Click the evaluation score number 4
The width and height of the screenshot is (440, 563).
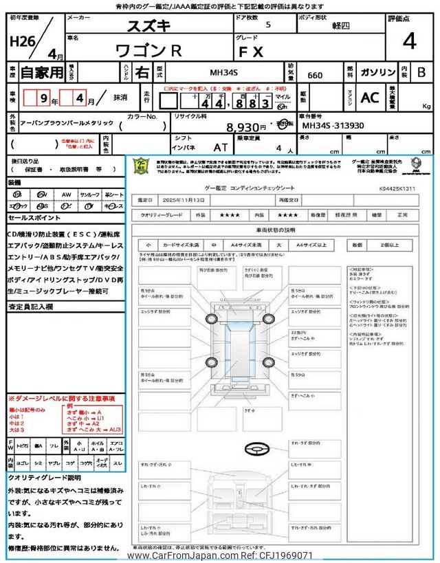[x=409, y=41]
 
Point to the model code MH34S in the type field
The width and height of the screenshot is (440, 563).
[x=225, y=72]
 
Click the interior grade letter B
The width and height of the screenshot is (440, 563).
[x=421, y=72]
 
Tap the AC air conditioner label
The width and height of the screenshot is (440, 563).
[x=369, y=98]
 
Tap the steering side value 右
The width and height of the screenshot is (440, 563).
[x=141, y=72]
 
